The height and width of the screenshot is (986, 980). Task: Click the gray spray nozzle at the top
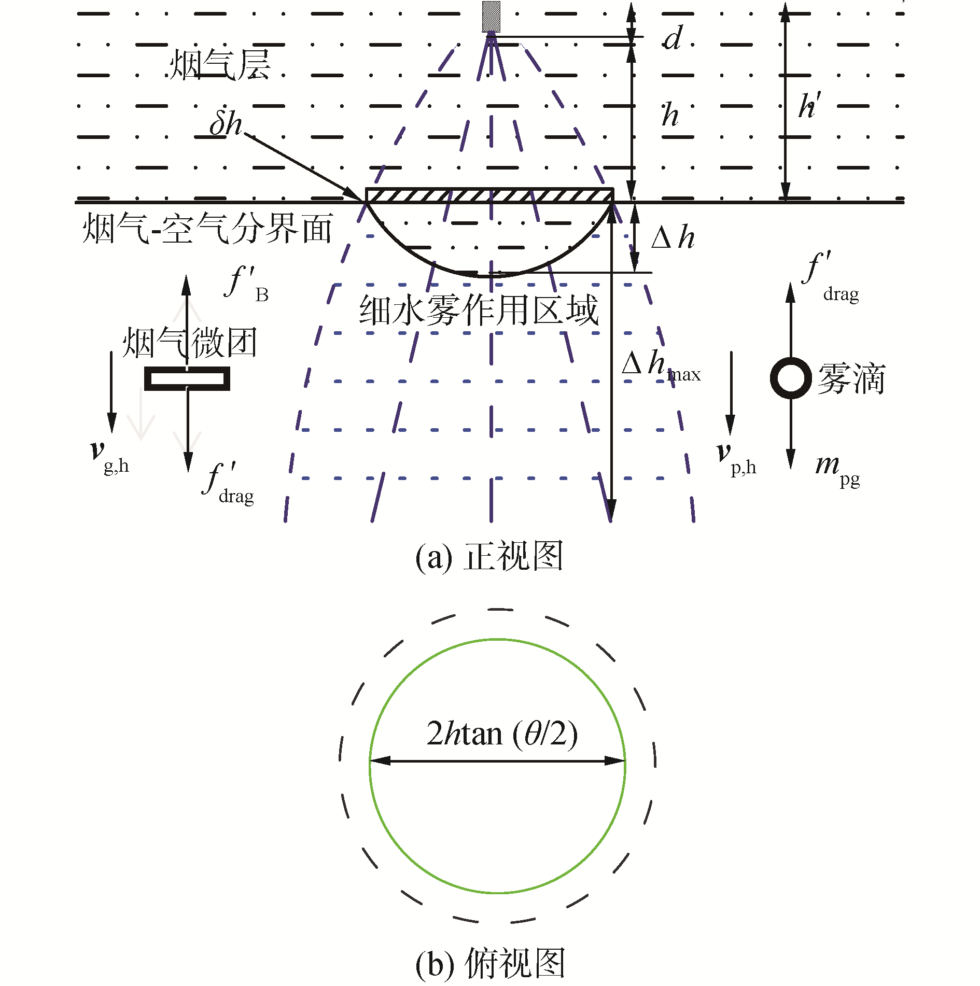pos(491,17)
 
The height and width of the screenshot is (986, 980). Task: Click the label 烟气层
pos(220,65)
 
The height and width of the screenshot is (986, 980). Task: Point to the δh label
pos(226,123)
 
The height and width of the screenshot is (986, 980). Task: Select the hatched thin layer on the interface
pos(489,195)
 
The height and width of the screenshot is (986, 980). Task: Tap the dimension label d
pos(673,38)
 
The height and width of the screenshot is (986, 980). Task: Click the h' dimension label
pos(809,106)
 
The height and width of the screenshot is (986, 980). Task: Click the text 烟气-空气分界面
pos(207,229)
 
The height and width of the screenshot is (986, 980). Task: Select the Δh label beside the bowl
pos(673,238)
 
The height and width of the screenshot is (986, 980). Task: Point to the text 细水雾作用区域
pos(479,311)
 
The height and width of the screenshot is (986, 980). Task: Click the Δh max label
pos(661,365)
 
